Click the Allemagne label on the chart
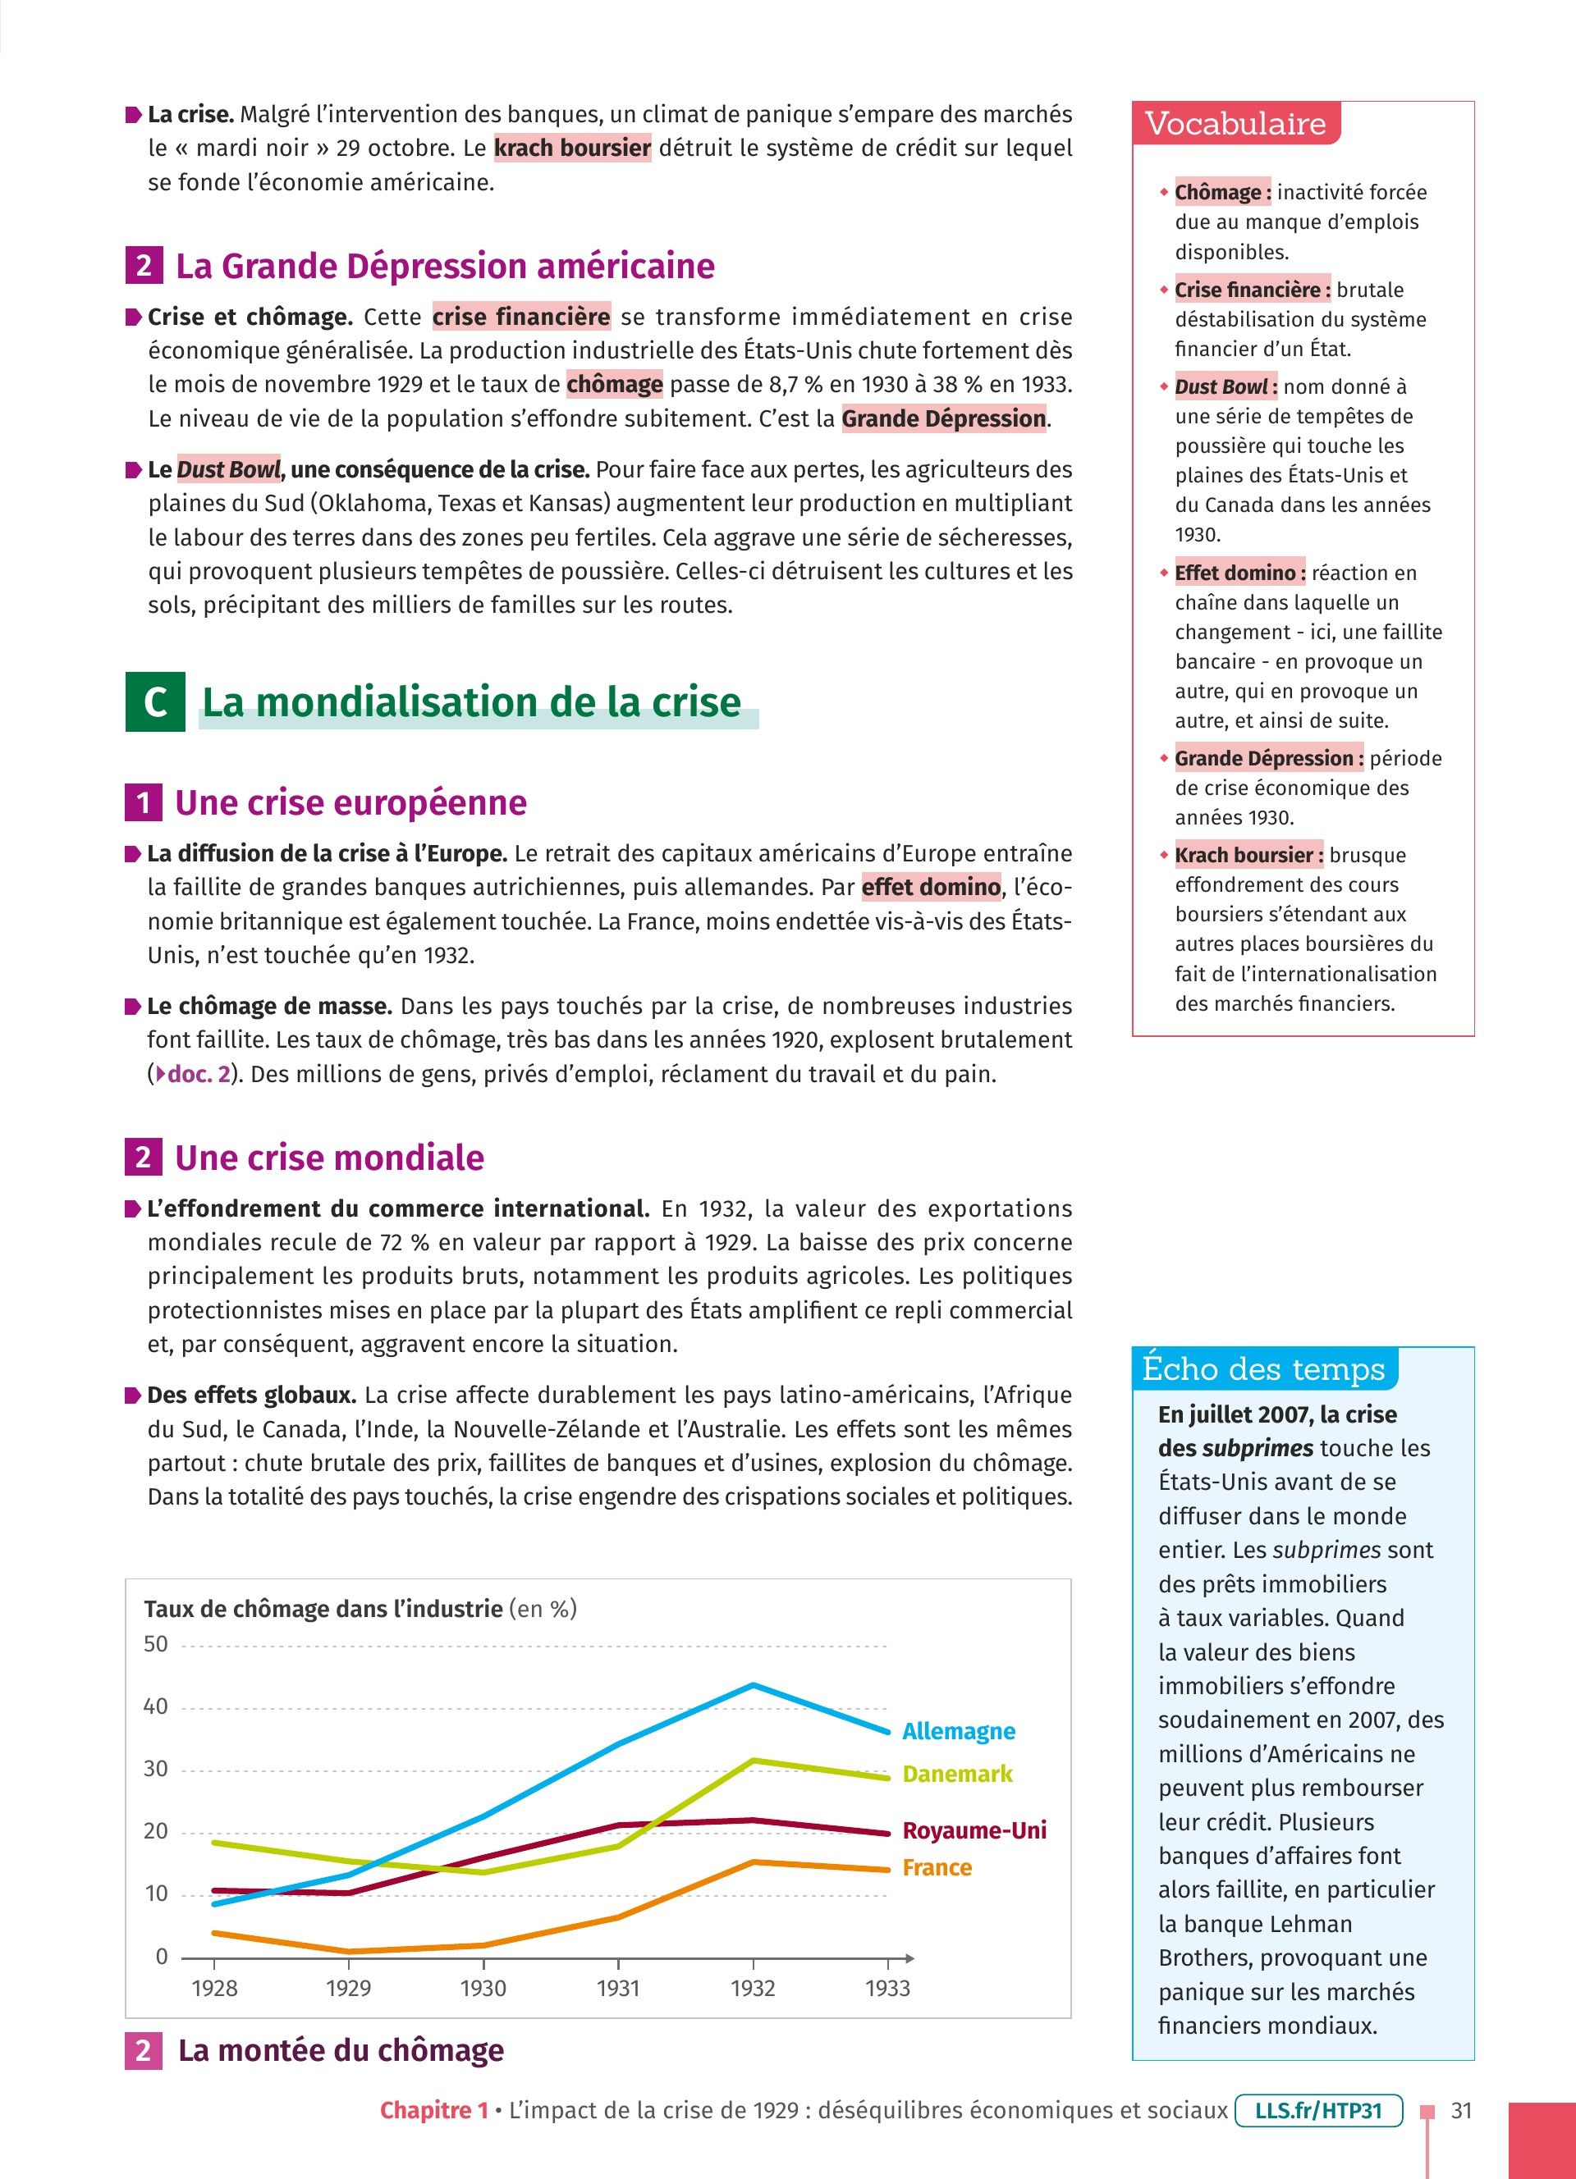click(x=958, y=1730)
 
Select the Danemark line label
click(x=957, y=1774)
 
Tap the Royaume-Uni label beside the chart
click(x=974, y=1830)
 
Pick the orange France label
click(x=937, y=1868)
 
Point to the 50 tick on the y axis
click(x=156, y=1644)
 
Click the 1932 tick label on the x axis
click(x=753, y=1989)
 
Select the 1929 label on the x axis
click(x=348, y=1989)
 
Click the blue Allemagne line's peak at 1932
click(x=754, y=1685)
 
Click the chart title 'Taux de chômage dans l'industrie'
click(x=323, y=1610)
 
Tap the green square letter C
click(x=154, y=702)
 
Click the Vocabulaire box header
click(x=1236, y=124)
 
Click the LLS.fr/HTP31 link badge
click(x=1317, y=2111)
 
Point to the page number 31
click(x=1461, y=2111)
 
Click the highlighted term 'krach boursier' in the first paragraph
click(x=573, y=148)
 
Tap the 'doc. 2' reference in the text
click(x=198, y=1074)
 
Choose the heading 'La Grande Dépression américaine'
click(x=444, y=266)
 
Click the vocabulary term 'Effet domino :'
click(x=1239, y=573)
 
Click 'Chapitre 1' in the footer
click(x=434, y=2111)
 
